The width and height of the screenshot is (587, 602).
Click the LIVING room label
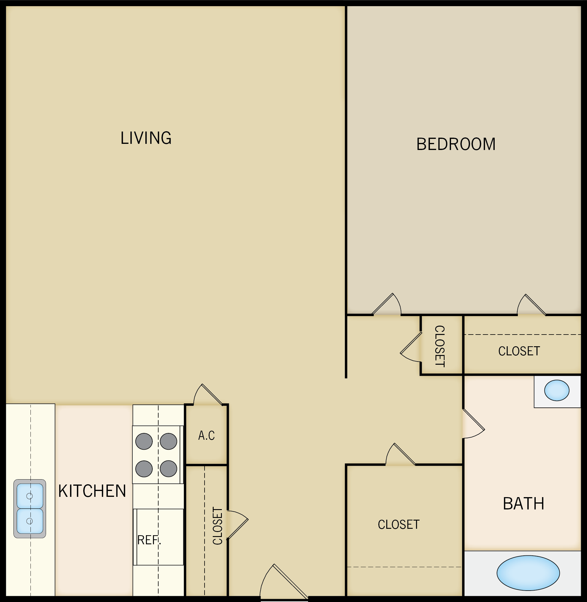point(146,138)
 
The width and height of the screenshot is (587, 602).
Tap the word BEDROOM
point(456,144)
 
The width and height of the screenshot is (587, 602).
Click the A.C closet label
point(206,436)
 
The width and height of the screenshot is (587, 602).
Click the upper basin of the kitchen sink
point(30,496)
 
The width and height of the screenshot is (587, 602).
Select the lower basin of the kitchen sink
point(30,521)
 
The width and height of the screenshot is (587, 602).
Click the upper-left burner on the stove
point(144,441)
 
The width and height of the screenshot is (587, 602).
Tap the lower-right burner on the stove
point(168,468)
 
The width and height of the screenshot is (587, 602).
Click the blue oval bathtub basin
point(528,573)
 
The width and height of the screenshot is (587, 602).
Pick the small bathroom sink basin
point(557,390)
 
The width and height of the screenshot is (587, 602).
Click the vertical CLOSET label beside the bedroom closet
point(440,346)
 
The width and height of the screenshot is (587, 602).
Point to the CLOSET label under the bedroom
point(519,351)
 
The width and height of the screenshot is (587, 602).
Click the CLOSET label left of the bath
point(398,525)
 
